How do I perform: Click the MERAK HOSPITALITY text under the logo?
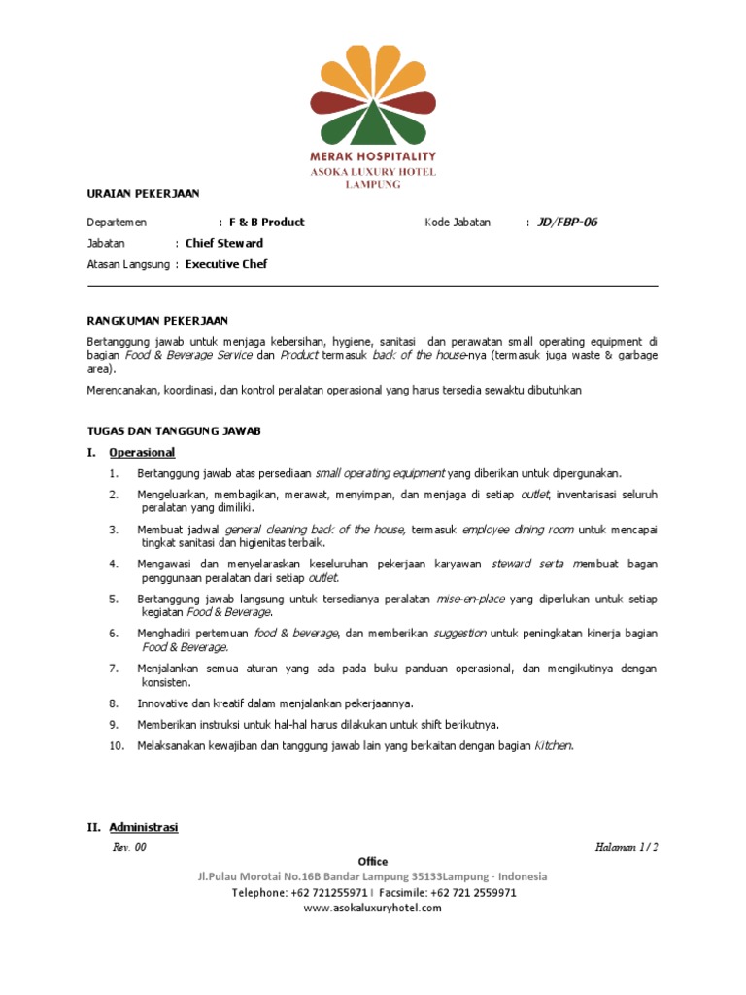point(372,155)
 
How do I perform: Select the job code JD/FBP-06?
point(567,222)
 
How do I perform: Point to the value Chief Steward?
point(224,243)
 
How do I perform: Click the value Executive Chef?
point(226,264)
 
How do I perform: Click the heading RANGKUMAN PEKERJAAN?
point(158,320)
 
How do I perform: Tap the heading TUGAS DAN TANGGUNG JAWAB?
point(174,430)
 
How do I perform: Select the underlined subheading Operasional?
point(142,452)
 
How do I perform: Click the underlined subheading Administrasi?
point(144,827)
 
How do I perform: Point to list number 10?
point(117,745)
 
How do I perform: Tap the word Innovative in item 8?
point(165,703)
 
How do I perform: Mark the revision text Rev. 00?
point(129,847)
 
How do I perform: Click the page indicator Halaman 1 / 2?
point(627,847)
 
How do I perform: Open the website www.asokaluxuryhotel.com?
point(372,908)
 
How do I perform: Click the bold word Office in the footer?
point(372,862)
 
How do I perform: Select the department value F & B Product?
point(266,222)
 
